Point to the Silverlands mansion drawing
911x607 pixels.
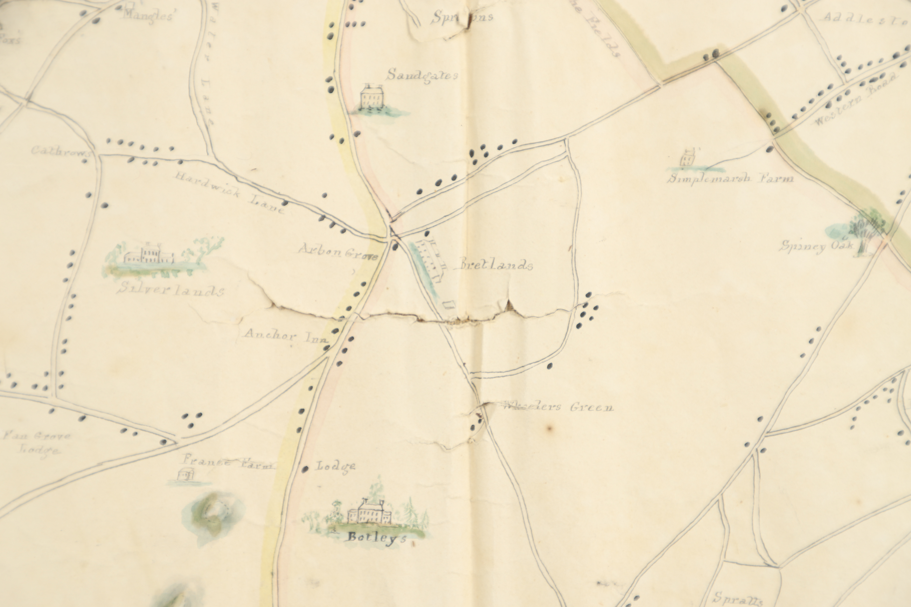[x=149, y=255]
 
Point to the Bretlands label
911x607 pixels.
[x=496, y=265]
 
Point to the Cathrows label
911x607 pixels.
[x=60, y=151]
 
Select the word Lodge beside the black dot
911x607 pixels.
[x=335, y=466]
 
